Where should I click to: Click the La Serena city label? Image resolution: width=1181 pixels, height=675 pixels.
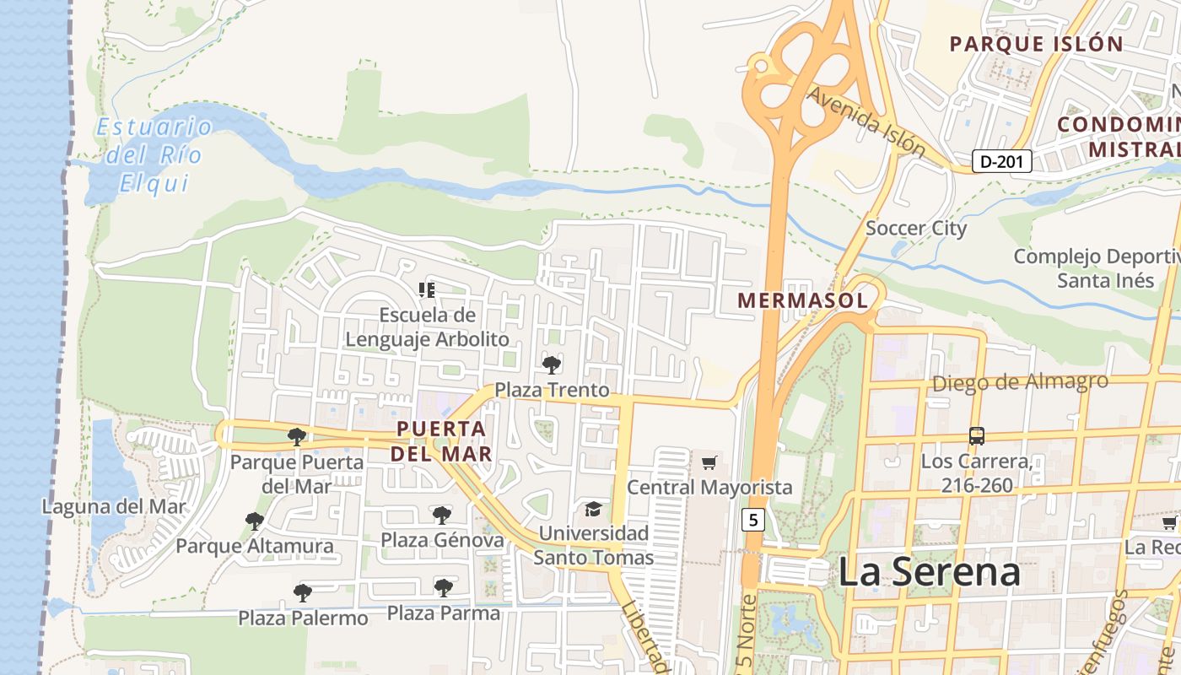(929, 572)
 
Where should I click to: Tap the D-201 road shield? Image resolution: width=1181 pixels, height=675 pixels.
(1001, 161)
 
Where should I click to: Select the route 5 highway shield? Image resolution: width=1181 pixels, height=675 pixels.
(753, 520)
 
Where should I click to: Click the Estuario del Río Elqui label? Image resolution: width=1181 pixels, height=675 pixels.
(154, 155)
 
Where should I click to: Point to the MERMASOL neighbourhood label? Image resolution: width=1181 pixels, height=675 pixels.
(802, 300)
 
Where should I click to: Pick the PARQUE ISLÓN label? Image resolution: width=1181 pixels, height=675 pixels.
(1036, 44)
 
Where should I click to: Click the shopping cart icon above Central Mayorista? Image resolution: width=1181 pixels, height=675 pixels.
(709, 462)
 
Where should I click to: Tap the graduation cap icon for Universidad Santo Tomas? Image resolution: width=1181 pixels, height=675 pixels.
(594, 509)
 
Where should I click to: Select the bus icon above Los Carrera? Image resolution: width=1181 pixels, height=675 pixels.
(976, 436)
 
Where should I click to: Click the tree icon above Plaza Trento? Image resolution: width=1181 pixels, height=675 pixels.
(552, 364)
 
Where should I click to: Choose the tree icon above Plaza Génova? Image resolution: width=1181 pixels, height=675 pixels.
(441, 515)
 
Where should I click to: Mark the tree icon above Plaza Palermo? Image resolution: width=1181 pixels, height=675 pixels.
(303, 593)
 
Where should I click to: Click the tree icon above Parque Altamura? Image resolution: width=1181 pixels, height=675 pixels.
(254, 521)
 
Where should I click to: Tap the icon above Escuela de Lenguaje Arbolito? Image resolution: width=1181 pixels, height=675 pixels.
(427, 290)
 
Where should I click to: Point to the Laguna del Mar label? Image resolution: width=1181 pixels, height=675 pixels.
(114, 507)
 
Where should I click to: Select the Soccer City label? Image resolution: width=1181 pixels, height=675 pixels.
(916, 228)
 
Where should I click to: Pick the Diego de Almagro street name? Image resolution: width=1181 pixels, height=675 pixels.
(1019, 382)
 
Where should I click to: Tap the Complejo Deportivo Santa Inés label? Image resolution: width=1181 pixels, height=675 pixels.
(1097, 268)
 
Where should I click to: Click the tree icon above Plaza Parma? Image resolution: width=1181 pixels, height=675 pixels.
(444, 587)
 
